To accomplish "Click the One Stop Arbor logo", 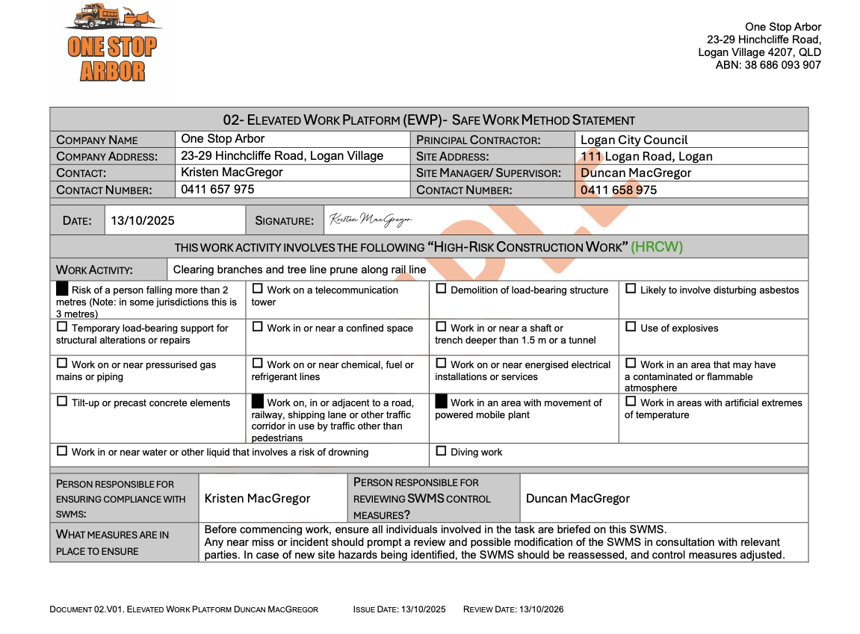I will tap(112, 43).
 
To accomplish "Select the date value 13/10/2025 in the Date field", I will tap(143, 220).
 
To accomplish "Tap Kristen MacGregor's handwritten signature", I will tap(371, 220).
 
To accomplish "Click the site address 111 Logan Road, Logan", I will tap(646, 156).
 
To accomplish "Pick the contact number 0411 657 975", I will tap(217, 190).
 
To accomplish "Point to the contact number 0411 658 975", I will tap(619, 190).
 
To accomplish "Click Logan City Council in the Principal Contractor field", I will tap(634, 140).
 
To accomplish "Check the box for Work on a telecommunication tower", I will tap(258, 289).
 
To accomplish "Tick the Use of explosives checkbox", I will tap(631, 327).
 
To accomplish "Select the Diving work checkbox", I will tap(441, 451).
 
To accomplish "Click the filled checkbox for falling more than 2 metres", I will tap(62, 288).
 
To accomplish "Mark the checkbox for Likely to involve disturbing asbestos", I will tap(631, 289).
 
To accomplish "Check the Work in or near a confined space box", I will tap(258, 327).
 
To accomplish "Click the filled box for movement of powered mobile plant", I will tap(441, 402).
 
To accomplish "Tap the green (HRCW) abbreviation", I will tap(657, 247).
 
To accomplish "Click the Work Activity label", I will tap(94, 270).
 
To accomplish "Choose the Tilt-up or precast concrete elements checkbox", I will tap(62, 402).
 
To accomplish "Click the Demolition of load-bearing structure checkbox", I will tap(441, 289).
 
